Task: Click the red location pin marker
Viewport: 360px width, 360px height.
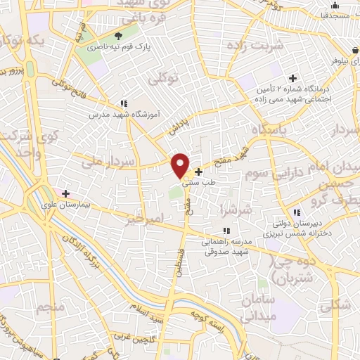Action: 181,165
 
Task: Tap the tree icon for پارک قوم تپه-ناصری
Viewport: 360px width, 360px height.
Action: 118,35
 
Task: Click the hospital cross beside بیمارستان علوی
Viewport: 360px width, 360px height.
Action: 66,193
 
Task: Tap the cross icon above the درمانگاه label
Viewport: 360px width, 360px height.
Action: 292,77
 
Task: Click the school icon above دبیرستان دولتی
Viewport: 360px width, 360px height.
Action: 297,212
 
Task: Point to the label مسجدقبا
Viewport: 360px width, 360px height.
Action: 337,14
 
